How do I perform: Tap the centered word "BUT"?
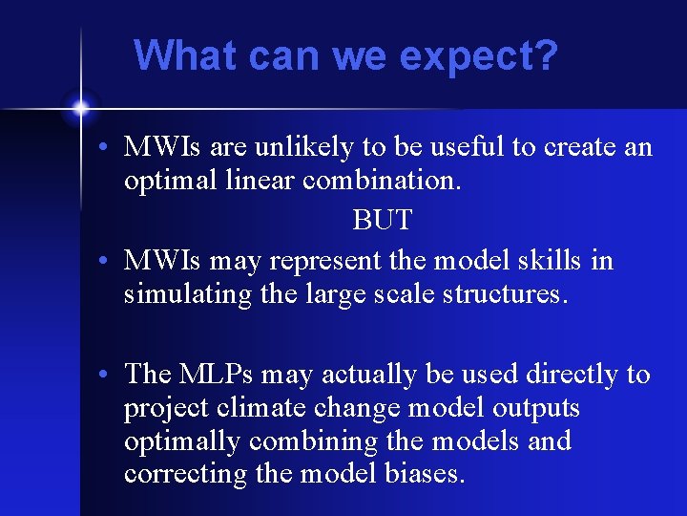coord(382,221)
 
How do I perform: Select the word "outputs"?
coord(536,409)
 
